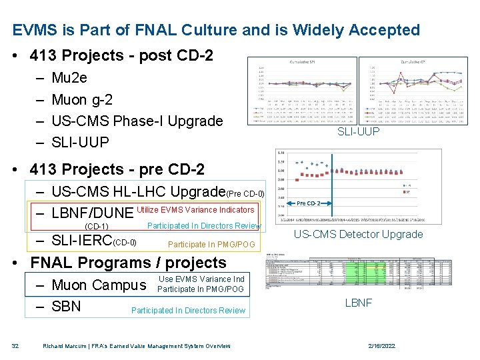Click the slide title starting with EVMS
(216, 30)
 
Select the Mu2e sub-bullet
(69, 78)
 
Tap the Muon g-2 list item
(81, 100)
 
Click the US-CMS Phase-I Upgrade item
(137, 121)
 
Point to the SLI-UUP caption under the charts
(358, 132)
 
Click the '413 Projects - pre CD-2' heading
(113, 169)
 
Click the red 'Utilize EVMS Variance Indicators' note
(195, 210)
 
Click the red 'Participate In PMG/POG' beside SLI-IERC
(211, 245)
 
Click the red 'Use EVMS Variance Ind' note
(201, 279)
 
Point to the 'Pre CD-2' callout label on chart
(309, 203)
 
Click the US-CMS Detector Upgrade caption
(358, 234)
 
